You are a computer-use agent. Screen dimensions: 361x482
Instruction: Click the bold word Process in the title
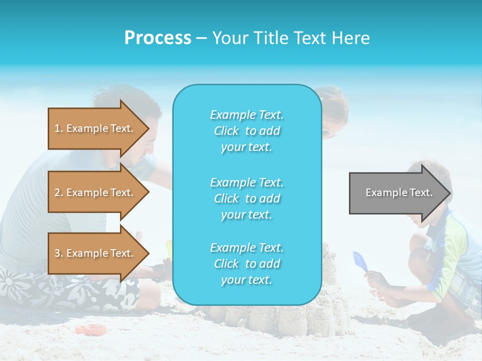pos(158,38)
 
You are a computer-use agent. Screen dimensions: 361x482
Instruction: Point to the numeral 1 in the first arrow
pos(57,129)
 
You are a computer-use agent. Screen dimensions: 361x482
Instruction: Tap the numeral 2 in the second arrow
pos(57,193)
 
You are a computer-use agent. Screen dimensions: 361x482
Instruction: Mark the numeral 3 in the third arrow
pos(57,254)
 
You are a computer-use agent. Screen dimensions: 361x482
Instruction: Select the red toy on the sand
pos(91,329)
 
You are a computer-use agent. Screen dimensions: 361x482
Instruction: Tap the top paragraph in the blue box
pos(247,131)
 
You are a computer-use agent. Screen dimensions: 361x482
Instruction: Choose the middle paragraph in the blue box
pos(247,199)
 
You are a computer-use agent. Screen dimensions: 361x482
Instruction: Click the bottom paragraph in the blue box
pos(247,264)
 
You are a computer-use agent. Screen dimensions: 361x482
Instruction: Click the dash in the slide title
pos(201,39)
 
